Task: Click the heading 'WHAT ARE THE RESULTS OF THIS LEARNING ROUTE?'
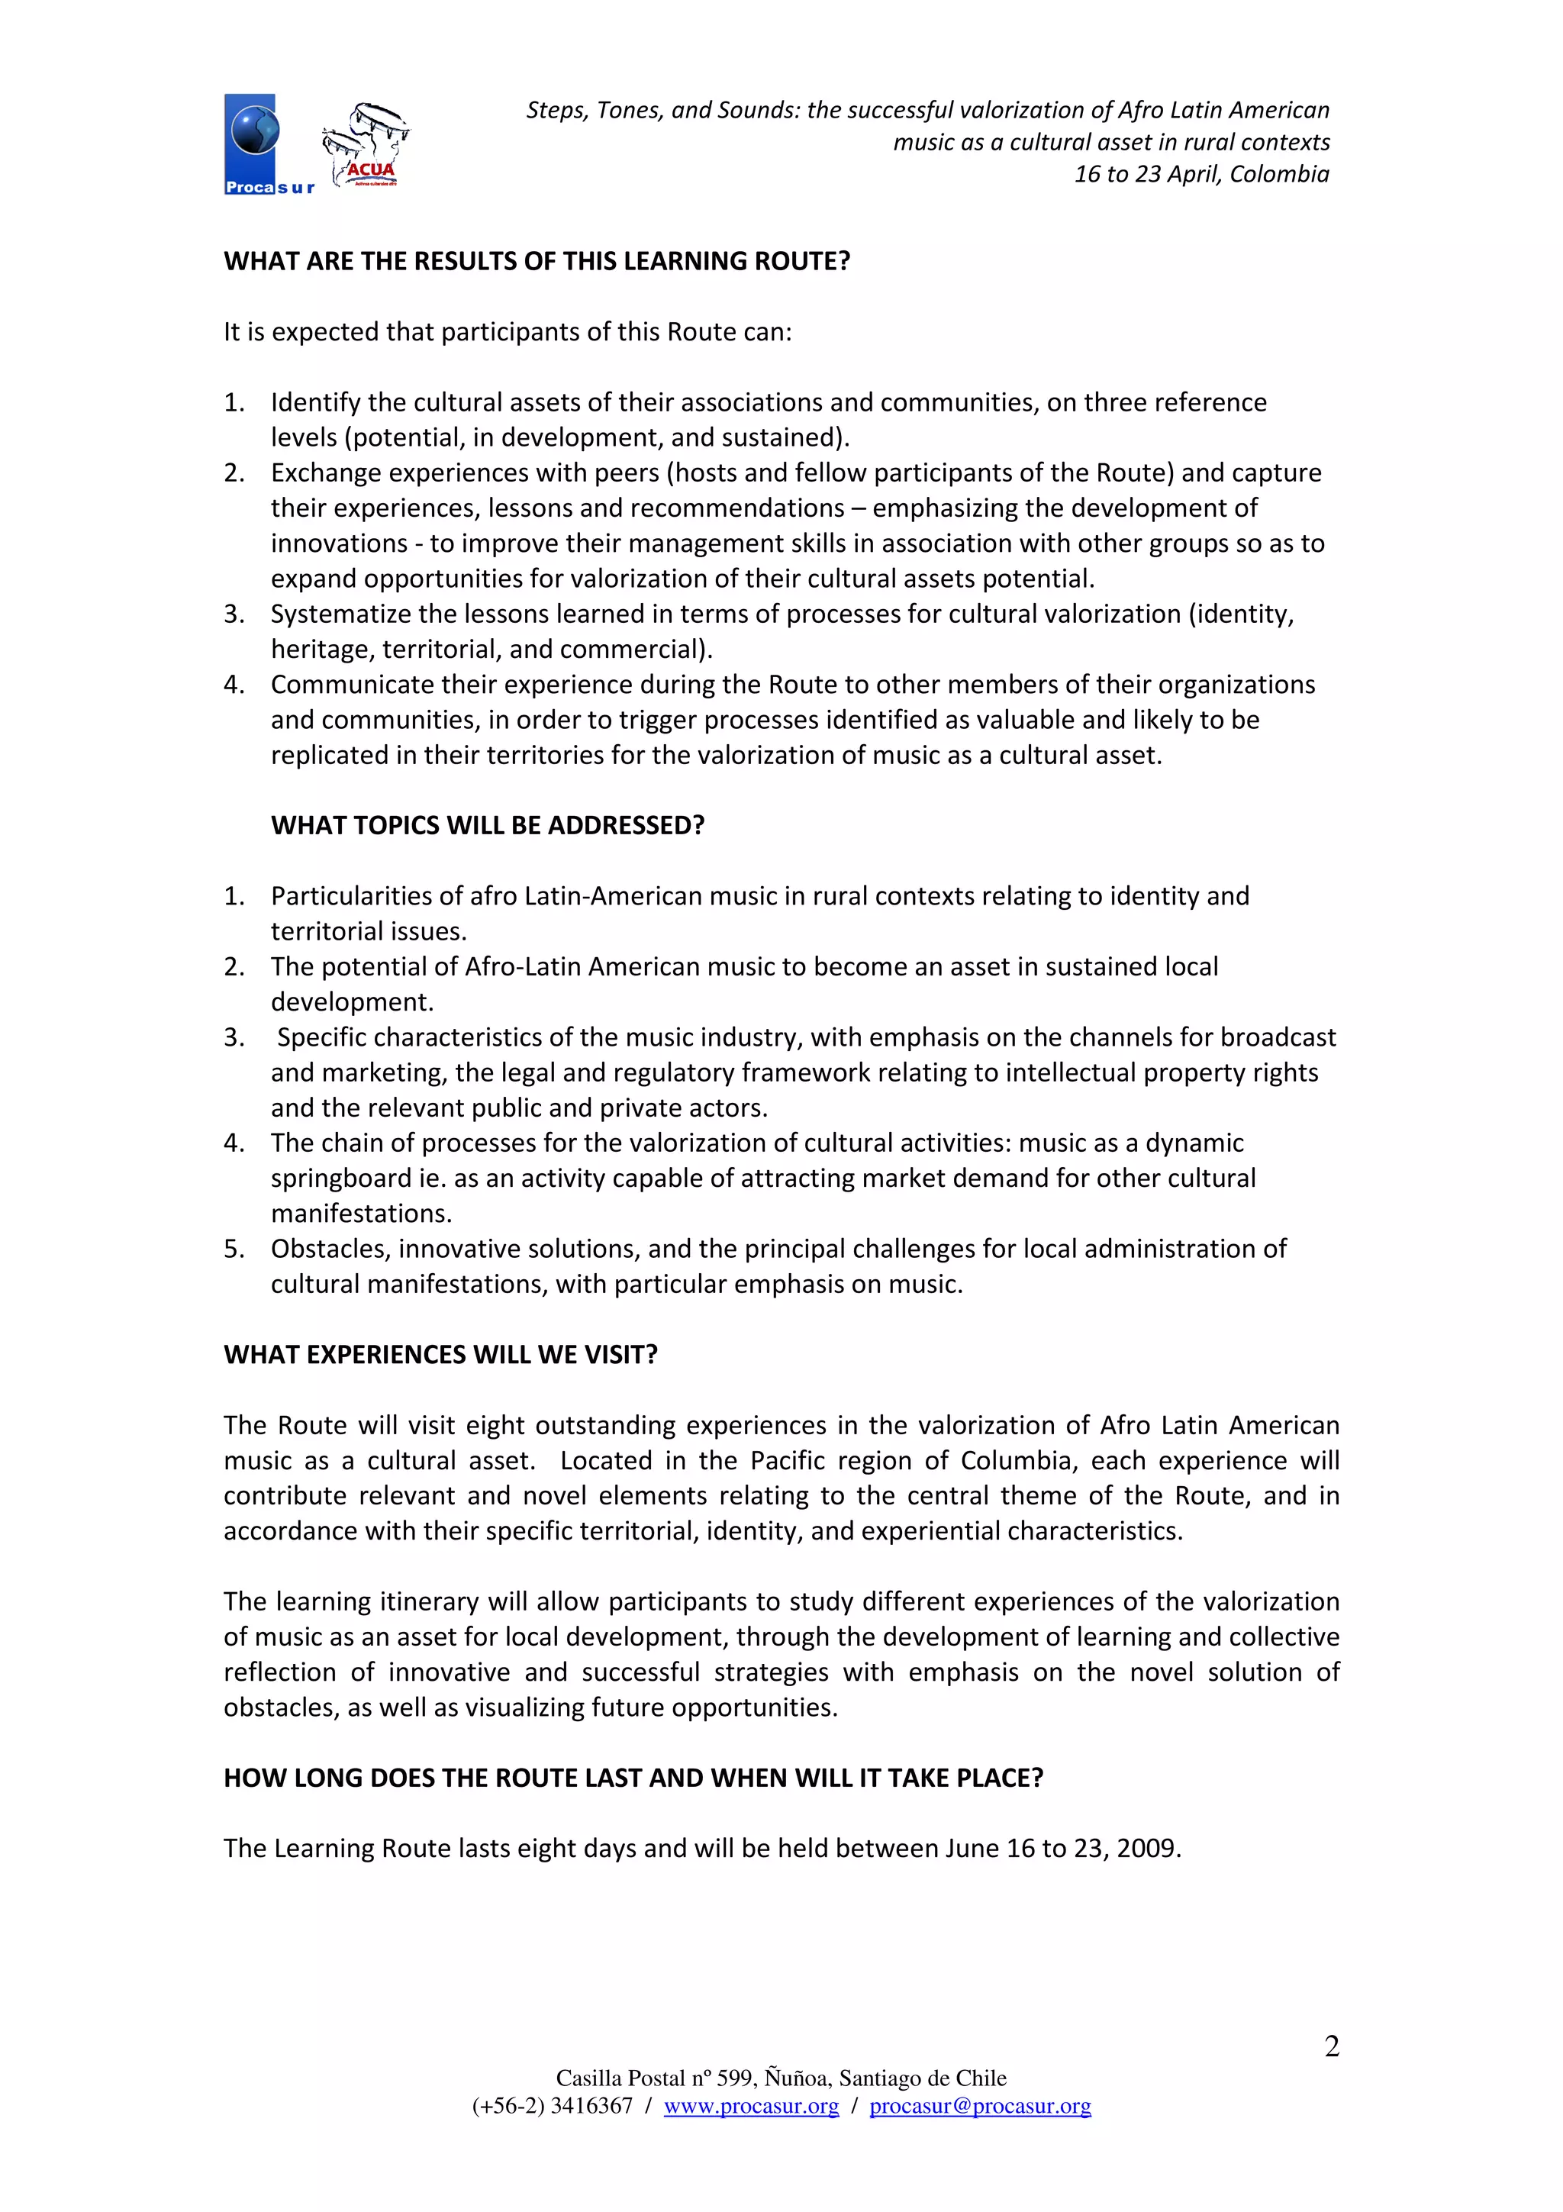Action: pyautogui.click(x=537, y=261)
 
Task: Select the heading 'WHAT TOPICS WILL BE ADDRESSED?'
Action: pyautogui.click(x=488, y=826)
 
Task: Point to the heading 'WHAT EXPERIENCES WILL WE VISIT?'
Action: pyautogui.click(x=440, y=1355)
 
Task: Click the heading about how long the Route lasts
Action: pyautogui.click(x=633, y=1778)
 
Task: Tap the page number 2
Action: pyautogui.click(x=1331, y=2046)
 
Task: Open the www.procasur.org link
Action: pyautogui.click(x=751, y=2106)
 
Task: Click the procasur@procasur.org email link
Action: pyautogui.click(x=979, y=2106)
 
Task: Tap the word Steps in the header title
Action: pyautogui.click(x=556, y=111)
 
